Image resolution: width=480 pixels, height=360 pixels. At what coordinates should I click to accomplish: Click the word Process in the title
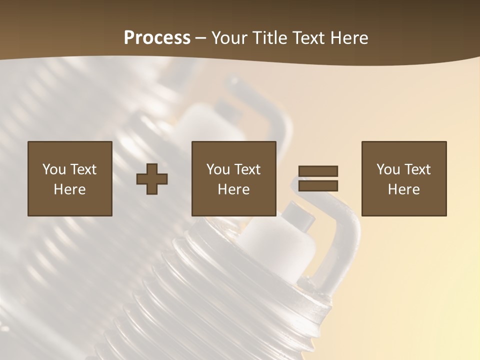pos(157,37)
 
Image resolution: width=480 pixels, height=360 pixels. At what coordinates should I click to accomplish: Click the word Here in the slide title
pos(350,38)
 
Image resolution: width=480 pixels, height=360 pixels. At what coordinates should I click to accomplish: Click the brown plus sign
pos(152,179)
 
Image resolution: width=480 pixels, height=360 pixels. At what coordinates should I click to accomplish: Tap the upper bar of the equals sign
pos(318,171)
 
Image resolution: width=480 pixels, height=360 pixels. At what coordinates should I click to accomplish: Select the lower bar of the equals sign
pos(318,186)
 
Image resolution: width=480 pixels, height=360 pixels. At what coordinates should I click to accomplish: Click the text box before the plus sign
pos(69,178)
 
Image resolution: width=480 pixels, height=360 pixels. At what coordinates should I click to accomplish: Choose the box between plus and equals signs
pos(233,178)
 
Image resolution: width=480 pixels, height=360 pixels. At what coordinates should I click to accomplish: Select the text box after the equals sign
pos(403,178)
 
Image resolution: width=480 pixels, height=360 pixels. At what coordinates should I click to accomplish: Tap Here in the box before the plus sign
pos(69,189)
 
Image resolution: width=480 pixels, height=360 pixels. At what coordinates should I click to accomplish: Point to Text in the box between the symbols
pos(247,169)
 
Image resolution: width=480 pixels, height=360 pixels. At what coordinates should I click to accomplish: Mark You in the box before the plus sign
pos(54,169)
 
